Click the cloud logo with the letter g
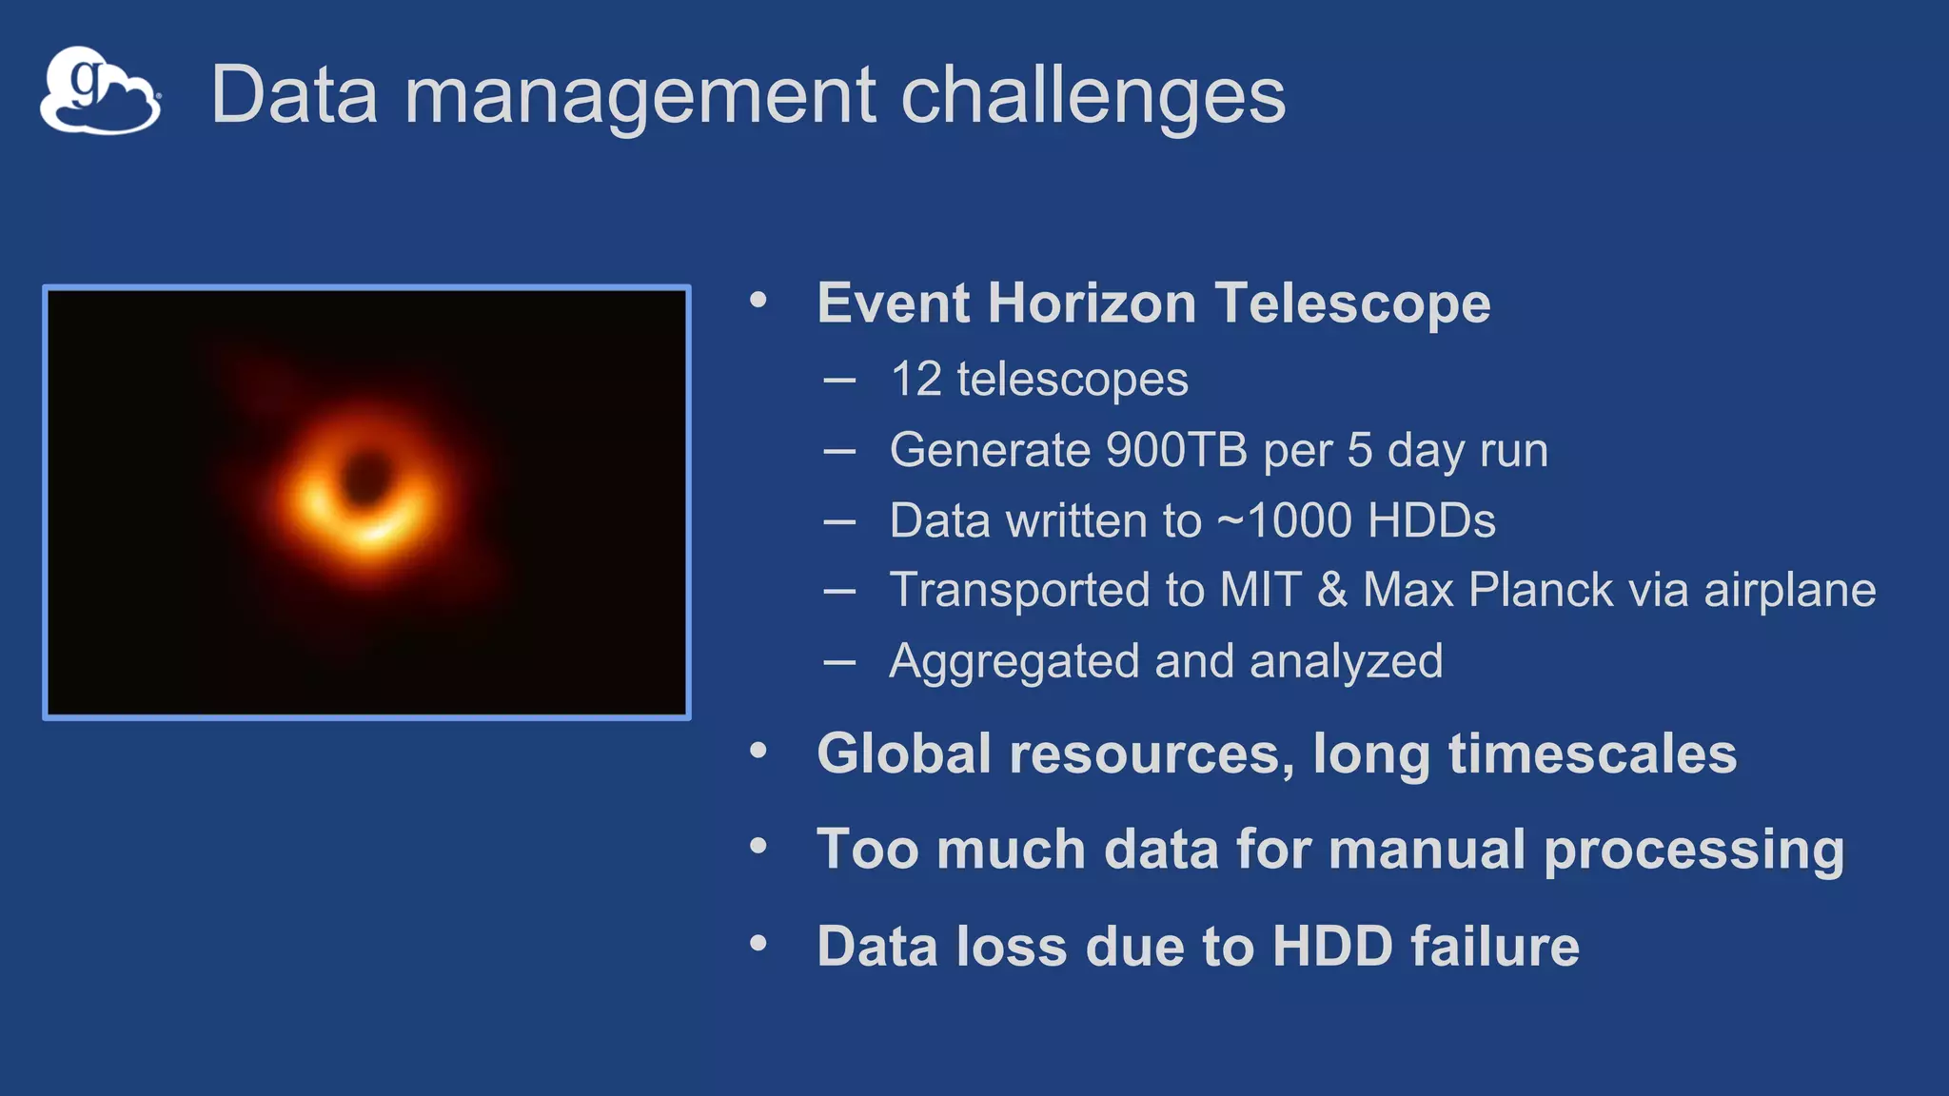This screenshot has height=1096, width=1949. click(x=100, y=91)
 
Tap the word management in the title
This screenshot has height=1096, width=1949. click(x=640, y=95)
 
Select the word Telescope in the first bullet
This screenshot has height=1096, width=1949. click(x=1352, y=303)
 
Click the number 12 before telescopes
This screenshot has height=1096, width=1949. click(x=915, y=380)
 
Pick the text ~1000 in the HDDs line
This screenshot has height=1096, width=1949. click(x=1284, y=520)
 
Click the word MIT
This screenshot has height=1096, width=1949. click(x=1260, y=590)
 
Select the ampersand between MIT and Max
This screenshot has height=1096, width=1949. click(x=1332, y=590)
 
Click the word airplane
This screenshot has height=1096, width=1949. click(x=1789, y=590)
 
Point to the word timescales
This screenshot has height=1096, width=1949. click(x=1592, y=753)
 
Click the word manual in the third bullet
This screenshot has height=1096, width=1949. click(x=1427, y=849)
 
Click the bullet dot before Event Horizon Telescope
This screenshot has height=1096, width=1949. click(x=758, y=301)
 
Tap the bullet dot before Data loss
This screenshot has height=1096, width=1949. click(x=758, y=943)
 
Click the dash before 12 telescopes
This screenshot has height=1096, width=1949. click(x=839, y=381)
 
